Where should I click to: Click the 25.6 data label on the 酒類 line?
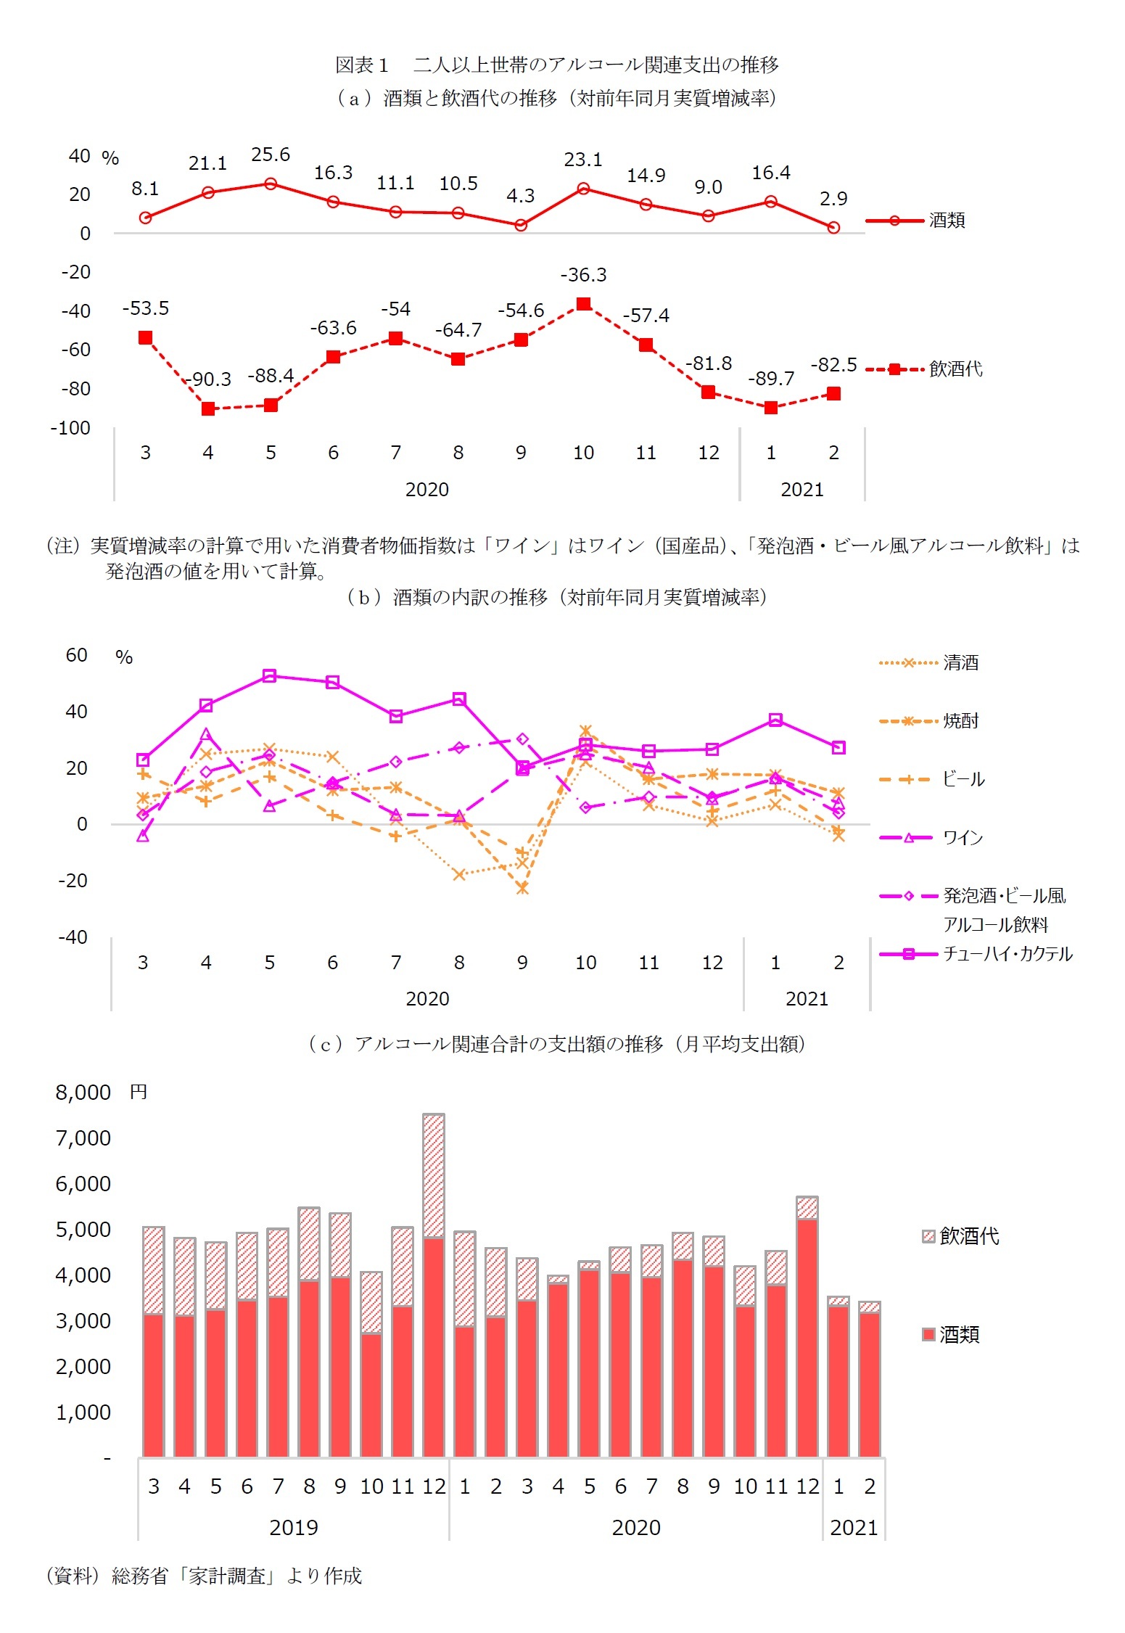tap(271, 155)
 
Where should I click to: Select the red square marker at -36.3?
tap(583, 304)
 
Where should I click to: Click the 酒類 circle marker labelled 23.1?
tap(583, 189)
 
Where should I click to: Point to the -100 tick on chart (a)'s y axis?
tap(70, 428)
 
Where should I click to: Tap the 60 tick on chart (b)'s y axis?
tap(77, 655)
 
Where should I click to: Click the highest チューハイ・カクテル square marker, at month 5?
tap(269, 676)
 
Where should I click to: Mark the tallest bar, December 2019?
tap(434, 1284)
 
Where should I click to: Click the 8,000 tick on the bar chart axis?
tap(83, 1093)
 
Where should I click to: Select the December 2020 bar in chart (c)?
tap(807, 1328)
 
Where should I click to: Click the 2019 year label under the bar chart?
tap(294, 1527)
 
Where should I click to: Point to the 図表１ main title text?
tap(556, 65)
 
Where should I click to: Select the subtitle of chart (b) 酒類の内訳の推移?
tap(556, 597)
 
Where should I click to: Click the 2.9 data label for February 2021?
tap(833, 198)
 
